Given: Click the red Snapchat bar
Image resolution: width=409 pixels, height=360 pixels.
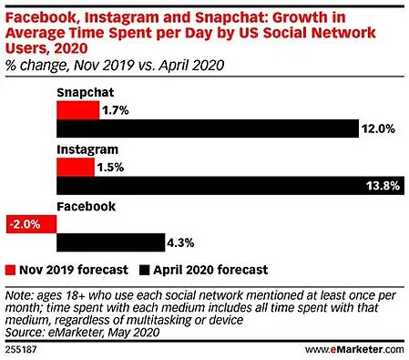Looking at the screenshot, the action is point(77,110).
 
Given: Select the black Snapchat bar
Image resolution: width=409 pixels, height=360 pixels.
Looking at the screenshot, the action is point(208,129).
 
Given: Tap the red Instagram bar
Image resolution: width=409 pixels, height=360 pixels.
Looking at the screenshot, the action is point(76,168).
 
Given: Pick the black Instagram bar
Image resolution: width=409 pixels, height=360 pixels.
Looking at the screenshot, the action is point(230,185).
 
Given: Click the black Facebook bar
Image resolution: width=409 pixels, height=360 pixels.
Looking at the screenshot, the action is point(111,242).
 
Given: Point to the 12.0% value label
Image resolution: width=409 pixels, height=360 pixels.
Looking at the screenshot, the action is point(378,129).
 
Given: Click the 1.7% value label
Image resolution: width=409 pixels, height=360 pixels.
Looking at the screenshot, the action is point(116,110).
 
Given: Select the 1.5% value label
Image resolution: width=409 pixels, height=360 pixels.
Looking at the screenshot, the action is point(110,168).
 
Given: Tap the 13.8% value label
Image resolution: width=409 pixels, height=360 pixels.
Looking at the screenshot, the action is point(383,185).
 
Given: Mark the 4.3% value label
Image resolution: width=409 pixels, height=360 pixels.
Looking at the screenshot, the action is point(180,242).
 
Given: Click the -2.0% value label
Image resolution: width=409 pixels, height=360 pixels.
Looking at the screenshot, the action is point(25,224).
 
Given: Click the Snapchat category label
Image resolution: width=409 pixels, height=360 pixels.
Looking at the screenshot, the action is point(86,92).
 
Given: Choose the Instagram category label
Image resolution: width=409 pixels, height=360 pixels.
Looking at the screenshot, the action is point(87,149).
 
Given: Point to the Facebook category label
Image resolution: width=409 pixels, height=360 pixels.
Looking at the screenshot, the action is point(87,207).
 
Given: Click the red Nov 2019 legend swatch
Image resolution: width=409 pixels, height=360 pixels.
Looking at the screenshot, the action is point(10,270).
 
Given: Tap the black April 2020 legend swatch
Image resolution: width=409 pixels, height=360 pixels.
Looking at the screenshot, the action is point(145,270).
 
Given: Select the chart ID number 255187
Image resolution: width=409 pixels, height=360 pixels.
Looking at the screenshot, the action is point(21,350).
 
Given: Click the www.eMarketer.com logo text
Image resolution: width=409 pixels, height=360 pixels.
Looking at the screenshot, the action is point(354,350).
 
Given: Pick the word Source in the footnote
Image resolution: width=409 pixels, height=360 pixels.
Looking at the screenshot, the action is point(25,332).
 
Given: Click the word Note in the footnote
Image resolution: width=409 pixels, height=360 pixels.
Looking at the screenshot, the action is point(19,295).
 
